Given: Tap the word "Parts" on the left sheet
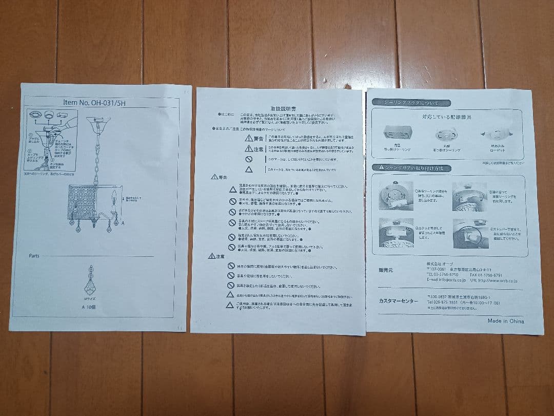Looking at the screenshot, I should pyautogui.click(x=34, y=256).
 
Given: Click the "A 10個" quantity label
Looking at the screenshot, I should pyautogui.click(x=89, y=307).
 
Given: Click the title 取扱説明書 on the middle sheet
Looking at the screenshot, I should pyautogui.click(x=283, y=109).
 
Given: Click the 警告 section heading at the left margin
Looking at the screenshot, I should pyautogui.click(x=219, y=177).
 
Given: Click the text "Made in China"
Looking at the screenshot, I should pyautogui.click(x=505, y=321).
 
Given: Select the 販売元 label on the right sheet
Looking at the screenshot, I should pyautogui.click(x=386, y=270).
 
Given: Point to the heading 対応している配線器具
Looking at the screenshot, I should pyautogui.click(x=446, y=117).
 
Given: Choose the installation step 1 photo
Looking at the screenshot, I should pyautogui.click(x=395, y=195).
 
